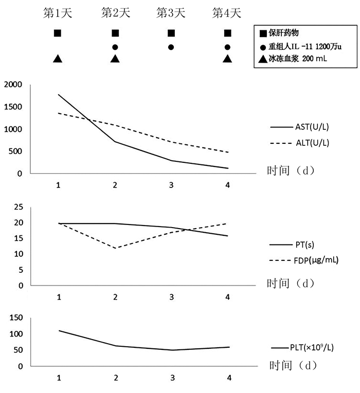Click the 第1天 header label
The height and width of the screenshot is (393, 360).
58,13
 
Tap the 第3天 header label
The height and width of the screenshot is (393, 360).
171,13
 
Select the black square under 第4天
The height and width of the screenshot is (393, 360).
228,33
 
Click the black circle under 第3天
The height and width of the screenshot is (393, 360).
171,47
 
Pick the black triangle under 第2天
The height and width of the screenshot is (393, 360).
115,59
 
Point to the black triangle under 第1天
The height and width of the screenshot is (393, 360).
58,59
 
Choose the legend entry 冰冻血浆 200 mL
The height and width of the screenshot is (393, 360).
297,59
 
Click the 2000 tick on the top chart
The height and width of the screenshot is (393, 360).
14,85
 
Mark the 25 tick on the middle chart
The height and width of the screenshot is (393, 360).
19,207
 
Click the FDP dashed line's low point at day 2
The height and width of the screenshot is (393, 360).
115,248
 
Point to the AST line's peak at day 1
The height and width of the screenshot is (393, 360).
59,95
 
